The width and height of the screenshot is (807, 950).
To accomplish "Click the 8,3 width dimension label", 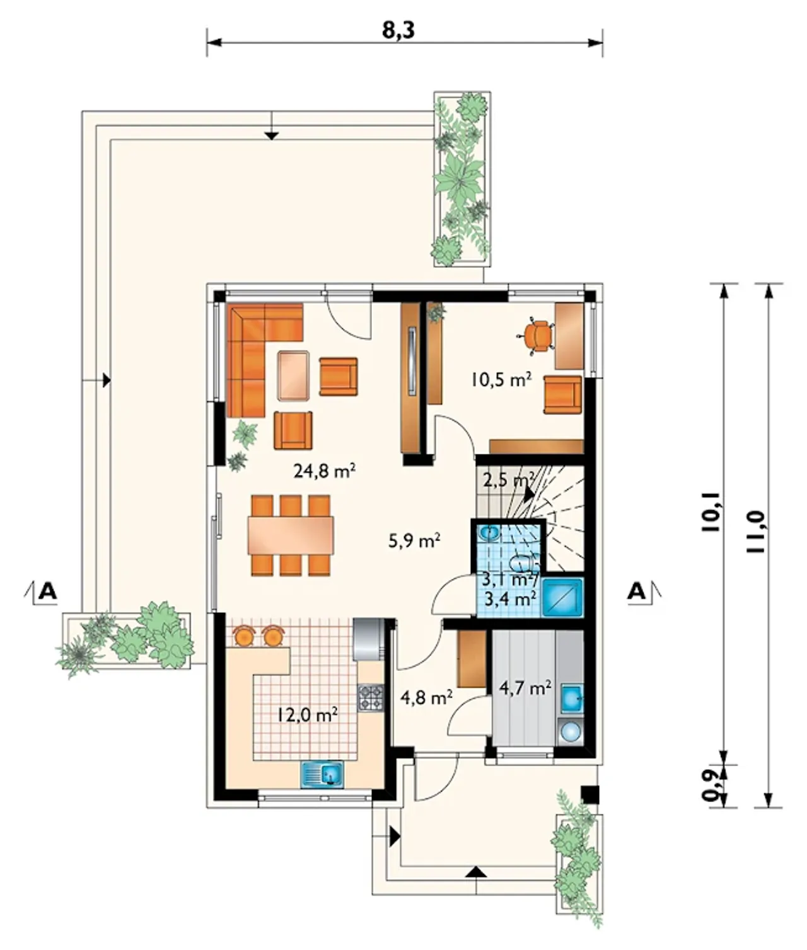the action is click(398, 30).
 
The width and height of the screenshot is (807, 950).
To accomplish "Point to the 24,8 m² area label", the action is click(324, 470).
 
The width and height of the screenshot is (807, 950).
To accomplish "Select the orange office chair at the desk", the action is click(537, 335).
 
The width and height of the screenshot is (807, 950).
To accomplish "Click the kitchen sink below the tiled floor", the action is click(323, 773).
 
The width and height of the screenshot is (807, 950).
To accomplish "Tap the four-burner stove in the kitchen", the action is click(371, 697).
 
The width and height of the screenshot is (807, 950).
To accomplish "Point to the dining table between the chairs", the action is click(291, 535).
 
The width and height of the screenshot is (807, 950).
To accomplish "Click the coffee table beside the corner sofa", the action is click(293, 375).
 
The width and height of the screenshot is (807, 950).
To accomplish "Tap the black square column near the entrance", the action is click(589, 793).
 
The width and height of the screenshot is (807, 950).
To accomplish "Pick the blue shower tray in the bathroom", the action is click(562, 597).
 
